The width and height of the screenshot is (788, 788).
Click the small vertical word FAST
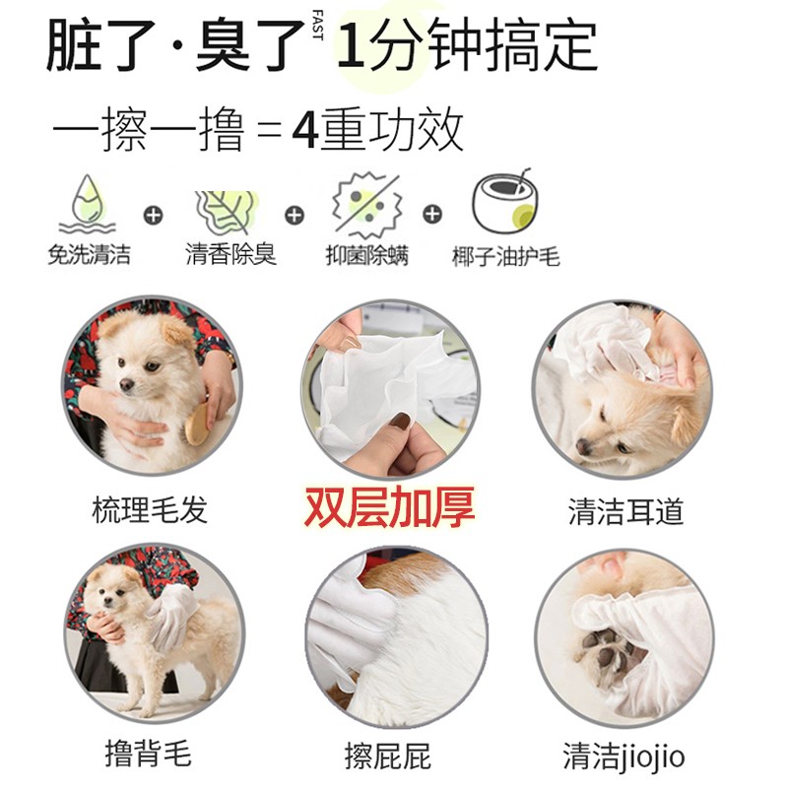point(317,25)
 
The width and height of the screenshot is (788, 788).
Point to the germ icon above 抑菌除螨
point(366,206)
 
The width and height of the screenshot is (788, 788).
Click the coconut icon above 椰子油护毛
point(505,202)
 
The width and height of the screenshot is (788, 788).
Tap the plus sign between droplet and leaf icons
point(154,216)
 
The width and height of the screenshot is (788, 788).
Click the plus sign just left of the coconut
point(432,214)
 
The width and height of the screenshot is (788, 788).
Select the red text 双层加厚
point(389,507)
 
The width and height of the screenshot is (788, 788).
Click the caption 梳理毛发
point(150,509)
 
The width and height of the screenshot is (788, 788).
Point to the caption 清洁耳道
point(625,511)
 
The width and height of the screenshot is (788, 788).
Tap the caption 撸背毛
point(149,754)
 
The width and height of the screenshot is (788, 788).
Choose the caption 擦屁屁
point(387,755)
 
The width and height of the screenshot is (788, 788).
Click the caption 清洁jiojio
point(624,756)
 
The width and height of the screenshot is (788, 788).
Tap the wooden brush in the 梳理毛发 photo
point(197,424)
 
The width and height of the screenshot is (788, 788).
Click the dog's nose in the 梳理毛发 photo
point(127,385)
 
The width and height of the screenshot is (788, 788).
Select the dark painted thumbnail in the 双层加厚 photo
point(401,422)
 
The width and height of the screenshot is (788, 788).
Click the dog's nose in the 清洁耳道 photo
point(583,446)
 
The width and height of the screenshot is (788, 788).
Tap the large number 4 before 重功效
point(305,130)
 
